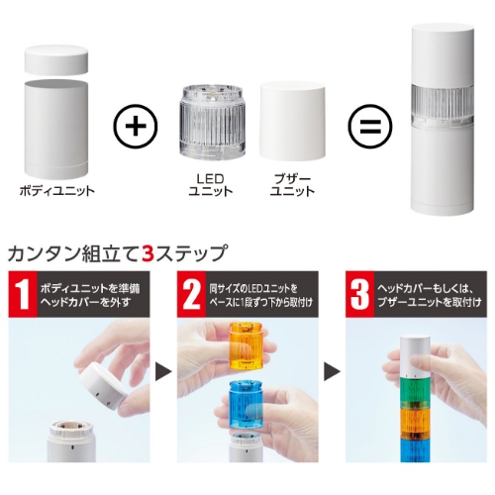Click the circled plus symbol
point(136,126)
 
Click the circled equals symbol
point(370,126)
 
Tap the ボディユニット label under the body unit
point(57,191)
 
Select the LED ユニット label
point(211,185)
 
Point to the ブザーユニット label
point(292,185)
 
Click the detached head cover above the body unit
point(56,59)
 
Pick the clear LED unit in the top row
point(212,122)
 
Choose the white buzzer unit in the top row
point(292,122)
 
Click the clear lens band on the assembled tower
point(443,106)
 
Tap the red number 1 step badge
point(23,294)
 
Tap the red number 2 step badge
point(192,294)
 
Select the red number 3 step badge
point(360,294)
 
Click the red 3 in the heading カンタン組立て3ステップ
point(147,253)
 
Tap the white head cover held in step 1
point(102,385)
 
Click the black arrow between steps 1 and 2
point(163,372)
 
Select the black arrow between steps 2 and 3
point(332,372)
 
